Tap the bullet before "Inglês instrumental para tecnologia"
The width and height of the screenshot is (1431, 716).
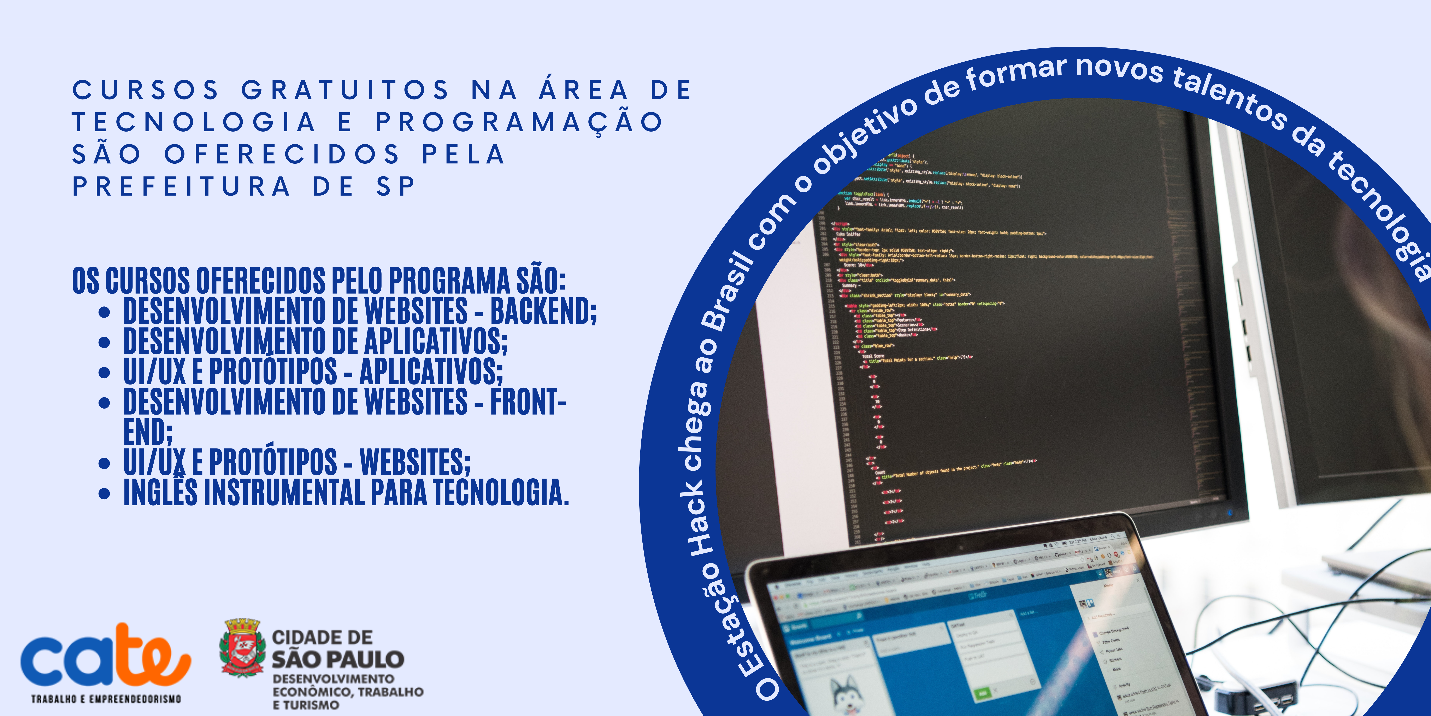click(x=104, y=493)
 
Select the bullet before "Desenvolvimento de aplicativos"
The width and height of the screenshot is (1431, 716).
click(x=104, y=342)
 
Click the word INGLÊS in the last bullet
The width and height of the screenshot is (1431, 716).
click(x=160, y=492)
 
